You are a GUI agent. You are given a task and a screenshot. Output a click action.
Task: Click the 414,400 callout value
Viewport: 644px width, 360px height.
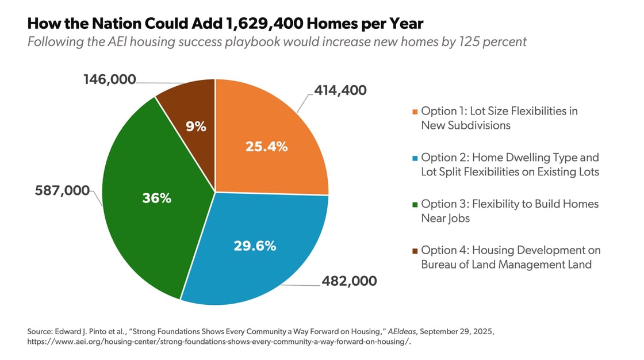pos(340,90)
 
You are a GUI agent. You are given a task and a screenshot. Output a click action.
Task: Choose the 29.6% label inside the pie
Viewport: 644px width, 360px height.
pos(255,246)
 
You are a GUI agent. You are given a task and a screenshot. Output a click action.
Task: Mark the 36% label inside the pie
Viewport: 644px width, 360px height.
pos(157,198)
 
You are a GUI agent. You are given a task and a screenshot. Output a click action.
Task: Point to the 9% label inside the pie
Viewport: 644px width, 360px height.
pos(195,127)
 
